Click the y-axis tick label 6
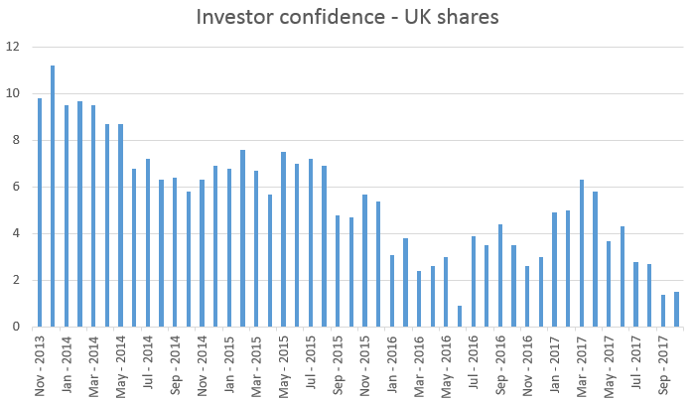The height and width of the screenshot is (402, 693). click(x=14, y=187)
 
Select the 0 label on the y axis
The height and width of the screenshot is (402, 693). click(x=14, y=327)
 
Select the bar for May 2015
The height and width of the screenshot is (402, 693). click(x=283, y=239)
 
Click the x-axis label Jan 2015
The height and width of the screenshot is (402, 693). click(x=229, y=361)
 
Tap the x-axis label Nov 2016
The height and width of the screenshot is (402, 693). click(x=527, y=361)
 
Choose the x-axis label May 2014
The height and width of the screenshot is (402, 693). click(x=121, y=361)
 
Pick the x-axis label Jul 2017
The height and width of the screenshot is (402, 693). click(x=635, y=363)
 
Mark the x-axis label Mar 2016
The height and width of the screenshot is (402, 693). click(x=419, y=361)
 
